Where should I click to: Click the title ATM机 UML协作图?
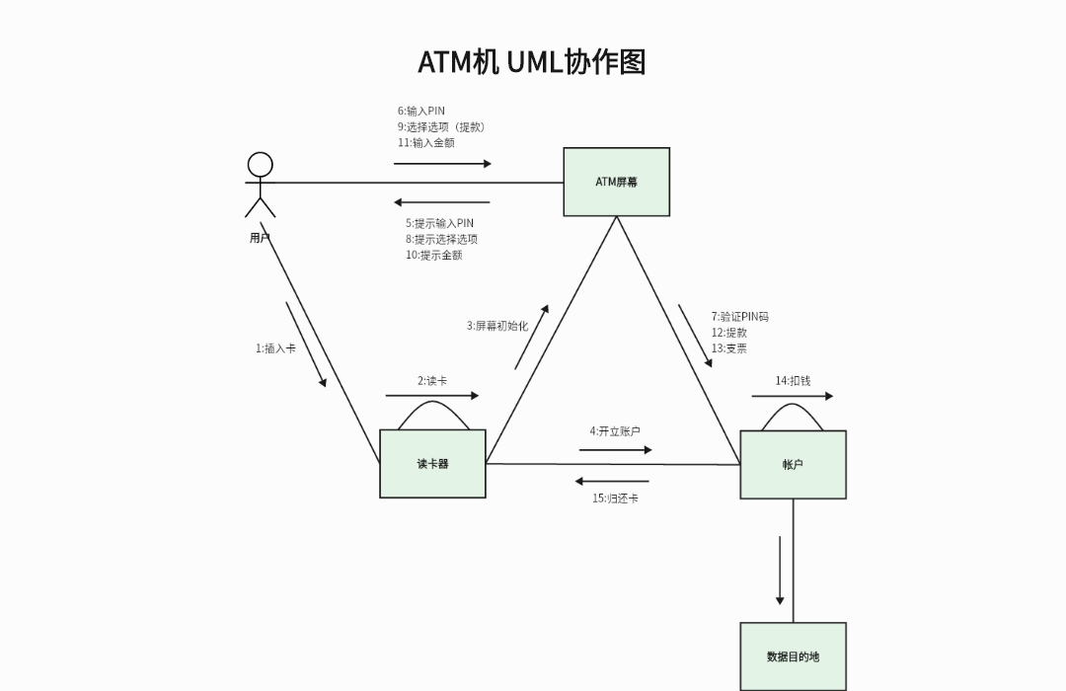[532, 61]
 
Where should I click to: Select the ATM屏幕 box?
[616, 182]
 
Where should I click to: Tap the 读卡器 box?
[432, 463]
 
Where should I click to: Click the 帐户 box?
[793, 464]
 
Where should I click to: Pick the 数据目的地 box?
[793, 656]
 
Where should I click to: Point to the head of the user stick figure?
[260, 164]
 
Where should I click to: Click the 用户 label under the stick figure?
[260, 238]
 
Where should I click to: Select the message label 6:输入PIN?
[422, 112]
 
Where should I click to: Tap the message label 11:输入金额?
[426, 143]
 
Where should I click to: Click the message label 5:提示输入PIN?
[439, 224]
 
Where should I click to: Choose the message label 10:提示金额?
[433, 256]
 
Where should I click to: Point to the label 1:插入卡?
[276, 348]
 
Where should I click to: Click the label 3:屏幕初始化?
[497, 326]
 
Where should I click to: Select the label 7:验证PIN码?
[740, 317]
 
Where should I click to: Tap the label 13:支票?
[729, 348]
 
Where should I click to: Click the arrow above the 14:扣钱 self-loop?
[792, 397]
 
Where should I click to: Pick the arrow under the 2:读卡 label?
[431, 396]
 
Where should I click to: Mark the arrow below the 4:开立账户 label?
[615, 450]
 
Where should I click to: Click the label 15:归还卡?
[615, 499]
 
